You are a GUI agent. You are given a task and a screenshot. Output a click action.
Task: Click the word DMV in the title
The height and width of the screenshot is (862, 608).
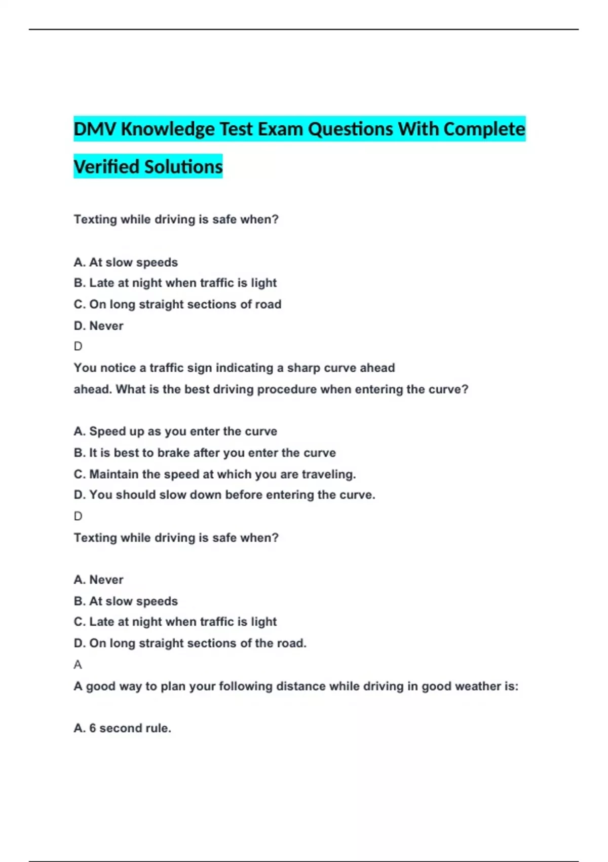click(95, 129)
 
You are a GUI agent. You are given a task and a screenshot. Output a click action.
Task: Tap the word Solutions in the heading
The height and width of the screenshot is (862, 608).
click(183, 167)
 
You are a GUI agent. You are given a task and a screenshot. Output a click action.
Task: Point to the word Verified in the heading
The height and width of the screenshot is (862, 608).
click(105, 167)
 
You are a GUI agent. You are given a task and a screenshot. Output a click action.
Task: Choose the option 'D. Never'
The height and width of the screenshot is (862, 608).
click(99, 326)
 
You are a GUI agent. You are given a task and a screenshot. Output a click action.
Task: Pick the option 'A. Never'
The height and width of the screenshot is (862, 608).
click(99, 580)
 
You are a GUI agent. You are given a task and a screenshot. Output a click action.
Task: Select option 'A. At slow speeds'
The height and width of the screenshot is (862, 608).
click(126, 262)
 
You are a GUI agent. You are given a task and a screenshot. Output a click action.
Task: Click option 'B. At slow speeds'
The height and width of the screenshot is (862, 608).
click(126, 601)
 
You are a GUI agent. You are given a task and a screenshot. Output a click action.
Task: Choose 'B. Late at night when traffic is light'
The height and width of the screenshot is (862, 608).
click(175, 283)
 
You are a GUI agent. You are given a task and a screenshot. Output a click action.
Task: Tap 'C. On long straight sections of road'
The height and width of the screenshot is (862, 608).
click(177, 304)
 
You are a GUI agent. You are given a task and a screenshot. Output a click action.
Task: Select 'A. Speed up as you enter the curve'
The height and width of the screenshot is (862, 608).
click(175, 431)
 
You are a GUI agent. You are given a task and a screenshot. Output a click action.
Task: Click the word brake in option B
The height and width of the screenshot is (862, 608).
click(174, 453)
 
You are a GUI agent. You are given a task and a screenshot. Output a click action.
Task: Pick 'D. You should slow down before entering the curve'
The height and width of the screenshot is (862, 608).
click(224, 495)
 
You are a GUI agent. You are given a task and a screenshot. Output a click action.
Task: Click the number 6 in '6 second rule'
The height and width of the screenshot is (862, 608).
click(93, 728)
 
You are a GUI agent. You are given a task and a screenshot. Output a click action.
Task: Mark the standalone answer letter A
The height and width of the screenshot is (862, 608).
click(78, 664)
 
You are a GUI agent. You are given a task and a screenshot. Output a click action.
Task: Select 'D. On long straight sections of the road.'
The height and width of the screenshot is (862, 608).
click(190, 643)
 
